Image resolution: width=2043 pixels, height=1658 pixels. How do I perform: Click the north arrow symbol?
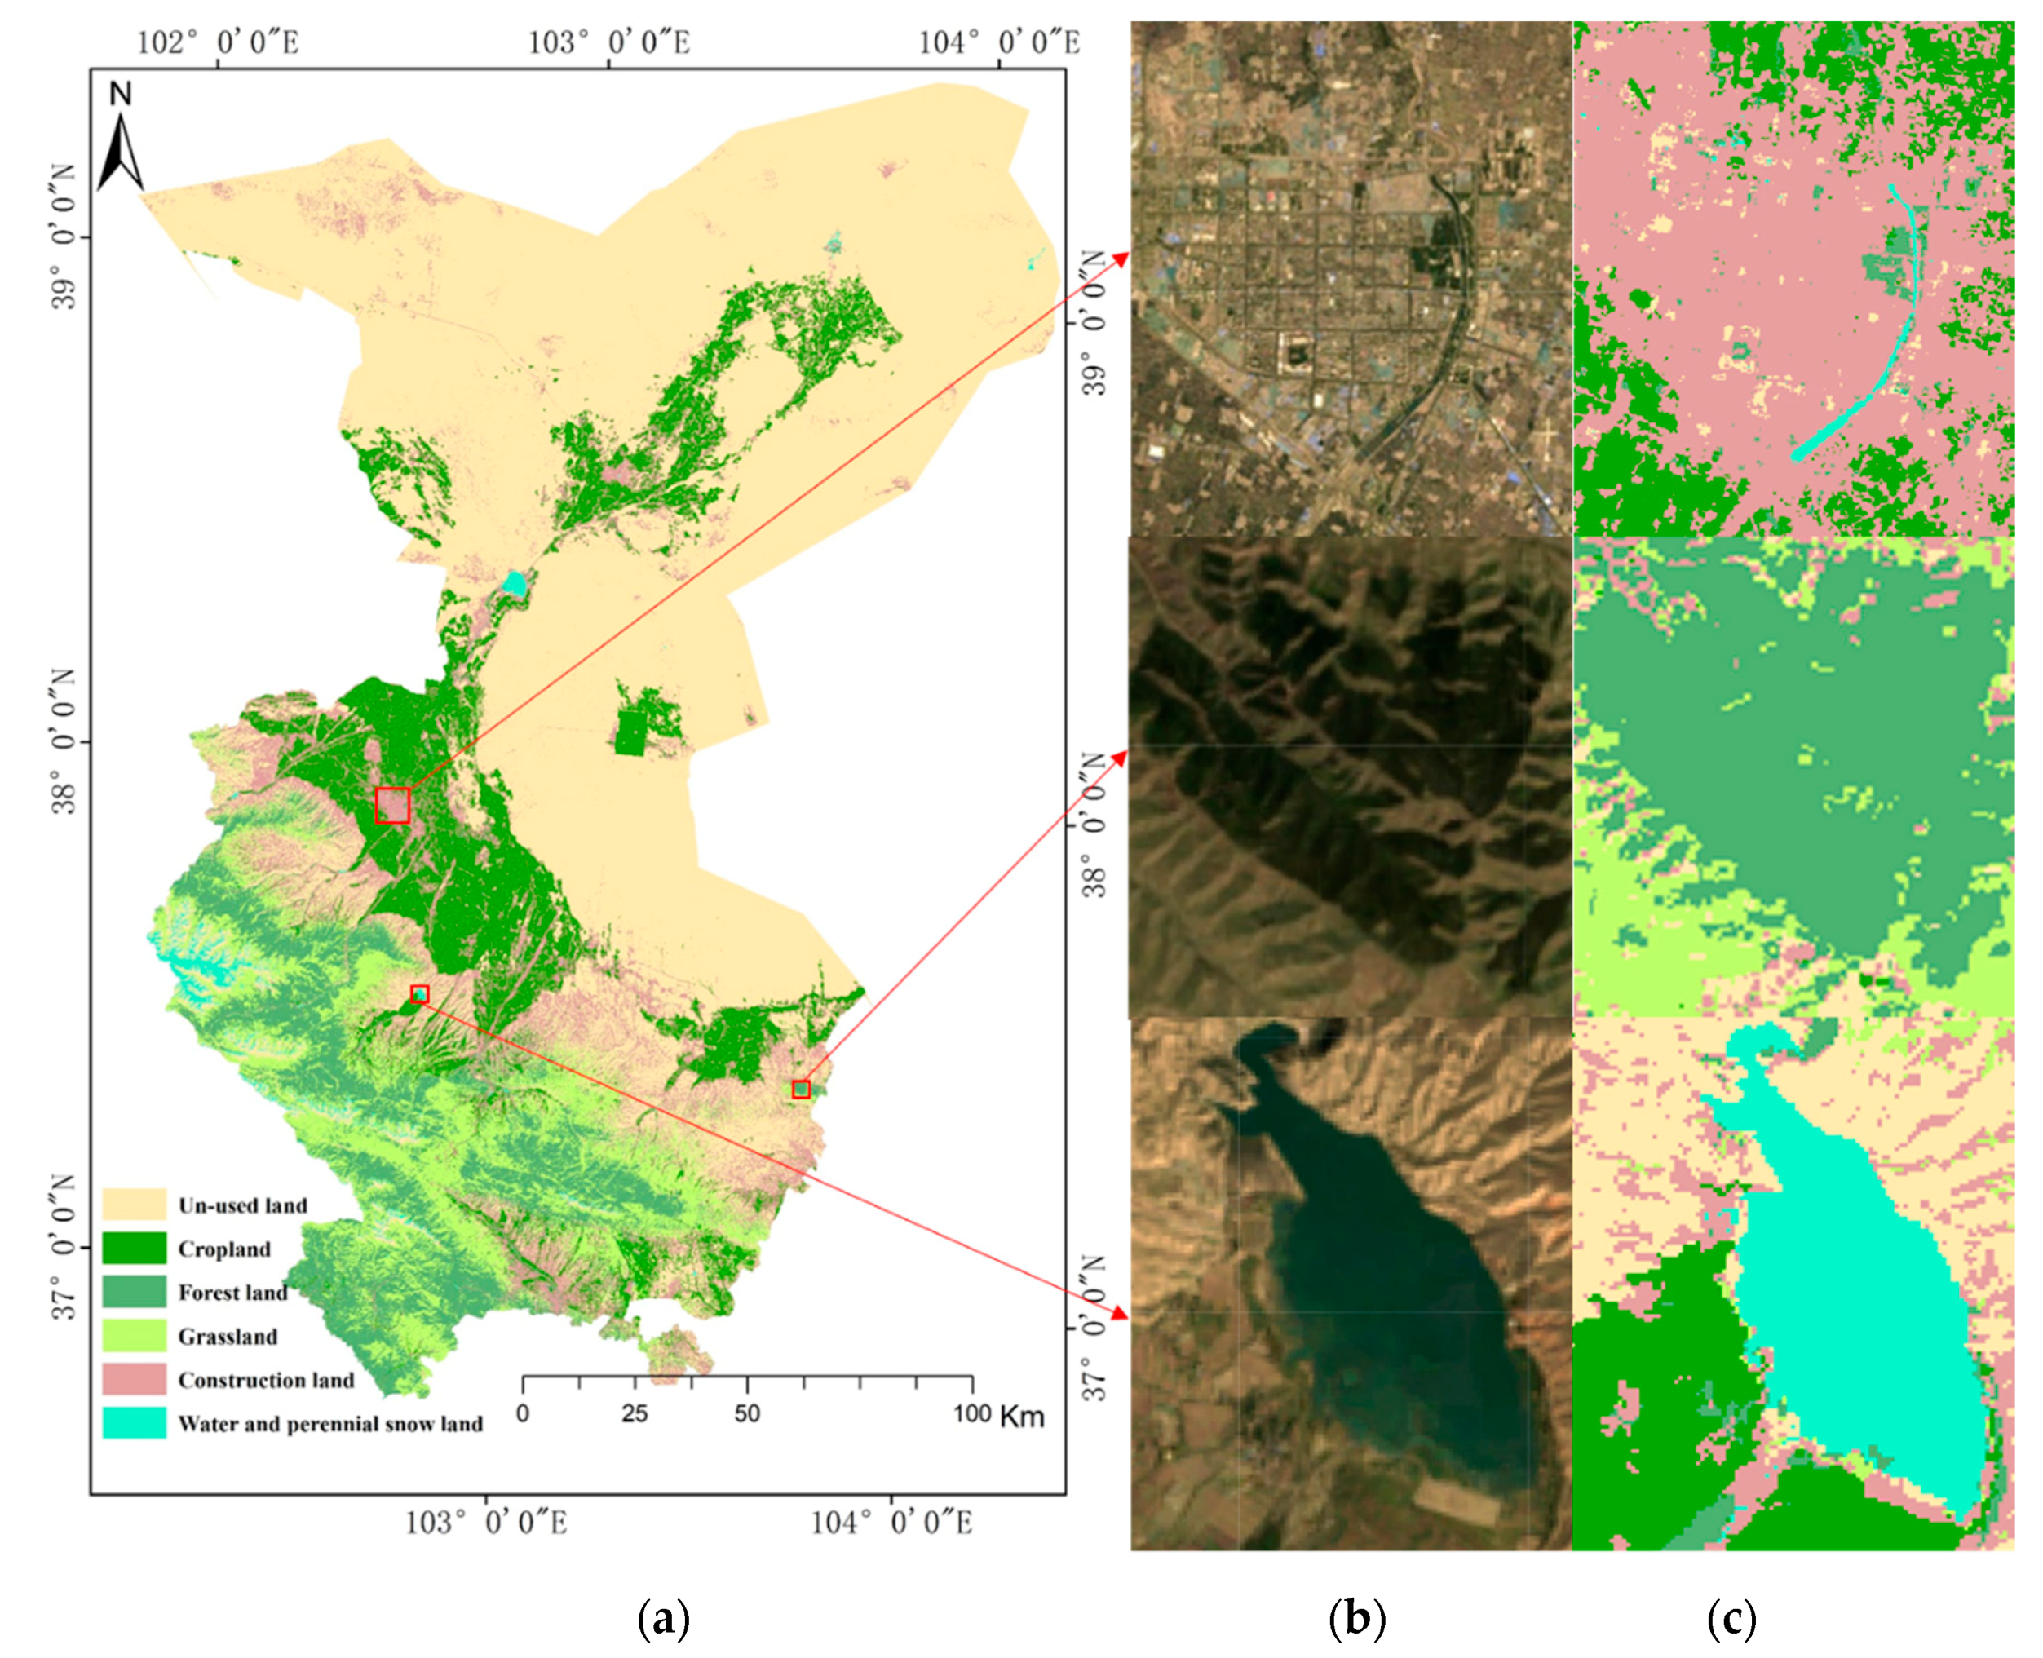click(x=122, y=149)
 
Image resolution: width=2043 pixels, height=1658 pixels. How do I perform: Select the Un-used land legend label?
click(x=242, y=1205)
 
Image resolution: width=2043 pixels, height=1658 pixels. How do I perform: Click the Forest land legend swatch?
click(x=135, y=1292)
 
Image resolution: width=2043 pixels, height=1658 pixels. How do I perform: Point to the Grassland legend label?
click(x=228, y=1336)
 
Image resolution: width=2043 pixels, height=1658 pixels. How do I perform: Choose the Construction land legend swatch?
click(x=135, y=1380)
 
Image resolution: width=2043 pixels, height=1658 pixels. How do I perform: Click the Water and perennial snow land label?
click(x=329, y=1424)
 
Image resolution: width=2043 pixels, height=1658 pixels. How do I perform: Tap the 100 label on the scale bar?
click(x=971, y=1414)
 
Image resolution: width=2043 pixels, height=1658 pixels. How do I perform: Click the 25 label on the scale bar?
click(x=635, y=1414)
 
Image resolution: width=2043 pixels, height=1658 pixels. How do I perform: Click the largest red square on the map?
click(x=392, y=805)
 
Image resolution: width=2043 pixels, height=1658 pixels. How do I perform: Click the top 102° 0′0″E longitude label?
click(x=218, y=42)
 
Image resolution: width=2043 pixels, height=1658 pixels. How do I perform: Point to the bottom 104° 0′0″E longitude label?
click(x=891, y=1523)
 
